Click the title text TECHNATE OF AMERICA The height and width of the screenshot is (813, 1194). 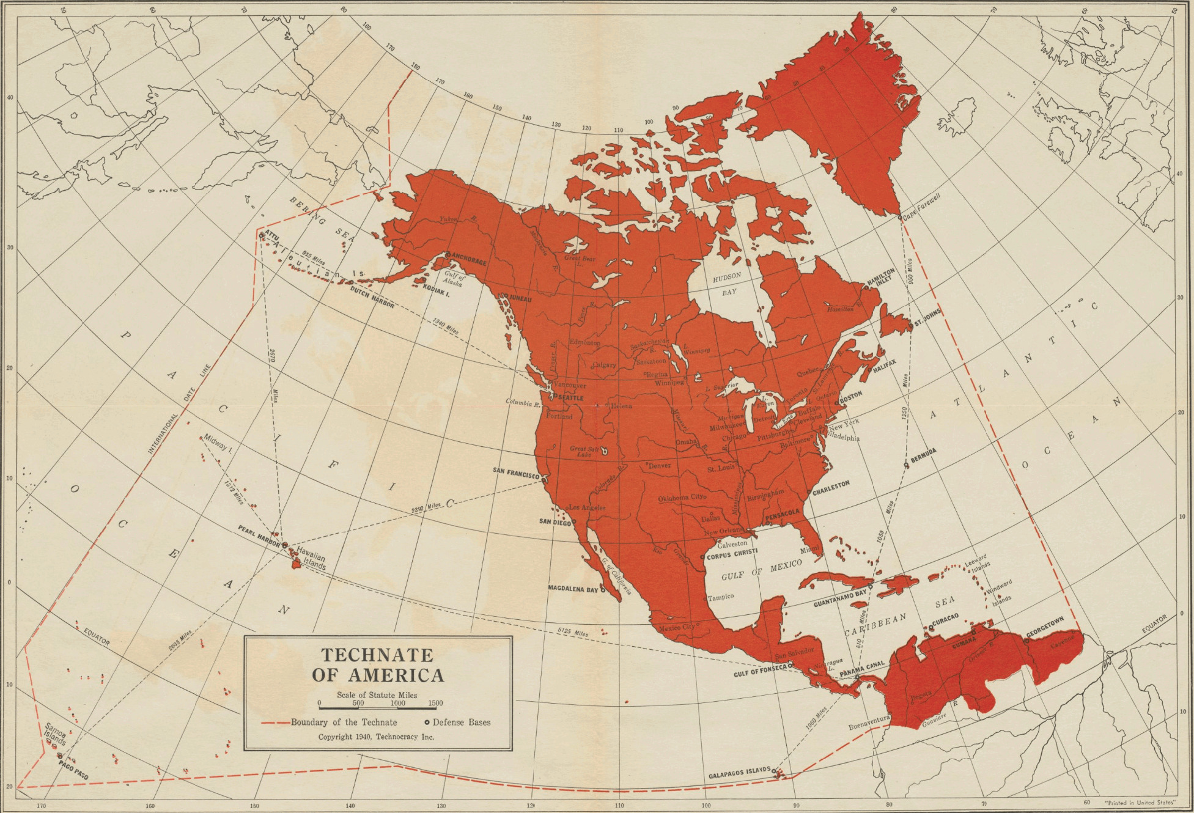coord(378,664)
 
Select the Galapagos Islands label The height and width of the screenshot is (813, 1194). coord(739,774)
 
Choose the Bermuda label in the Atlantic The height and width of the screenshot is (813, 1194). coord(923,455)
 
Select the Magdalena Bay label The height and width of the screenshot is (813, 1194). coord(573,589)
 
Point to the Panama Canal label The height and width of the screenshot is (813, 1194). coord(862,669)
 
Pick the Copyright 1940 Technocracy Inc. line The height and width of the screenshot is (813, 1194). coord(376,737)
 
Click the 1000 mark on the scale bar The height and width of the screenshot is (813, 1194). coord(397,703)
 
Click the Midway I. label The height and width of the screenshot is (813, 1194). coord(218,443)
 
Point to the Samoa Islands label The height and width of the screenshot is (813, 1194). coord(55,734)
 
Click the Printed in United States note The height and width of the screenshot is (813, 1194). coord(1139,801)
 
